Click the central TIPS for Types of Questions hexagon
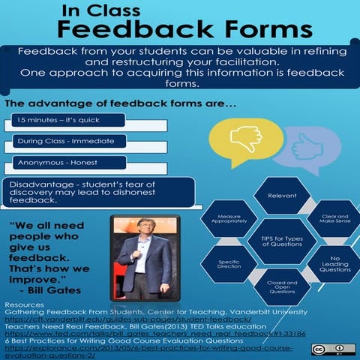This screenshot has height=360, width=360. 277,241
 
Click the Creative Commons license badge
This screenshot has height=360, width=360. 333,349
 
